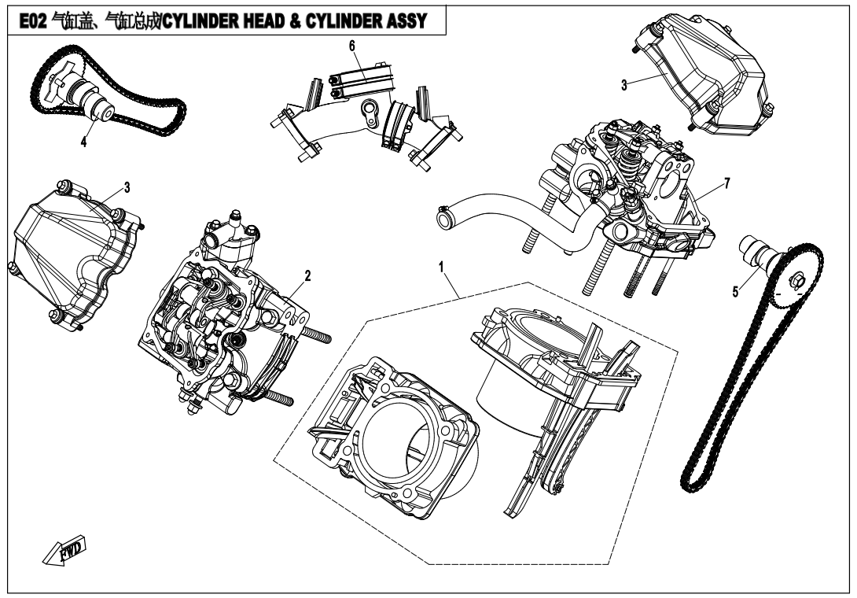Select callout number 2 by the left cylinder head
coord(308,275)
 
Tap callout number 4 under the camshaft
coord(83,142)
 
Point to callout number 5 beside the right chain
coord(735,291)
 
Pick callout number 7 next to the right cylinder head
coord(726,183)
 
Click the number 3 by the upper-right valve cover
coord(623,85)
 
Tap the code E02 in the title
coord(24,19)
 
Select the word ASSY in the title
coord(405,19)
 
